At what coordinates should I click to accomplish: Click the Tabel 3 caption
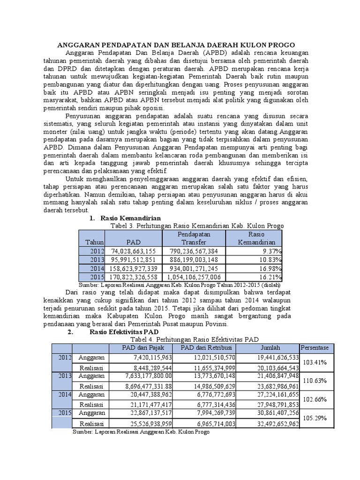196,225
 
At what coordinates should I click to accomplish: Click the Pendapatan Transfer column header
194,238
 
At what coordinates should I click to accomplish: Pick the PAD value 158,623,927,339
134,269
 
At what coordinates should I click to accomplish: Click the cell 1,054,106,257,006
194,277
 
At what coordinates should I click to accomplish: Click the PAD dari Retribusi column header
205,347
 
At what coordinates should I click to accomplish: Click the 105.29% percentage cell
315,418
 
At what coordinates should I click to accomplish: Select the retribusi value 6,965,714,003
210,423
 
